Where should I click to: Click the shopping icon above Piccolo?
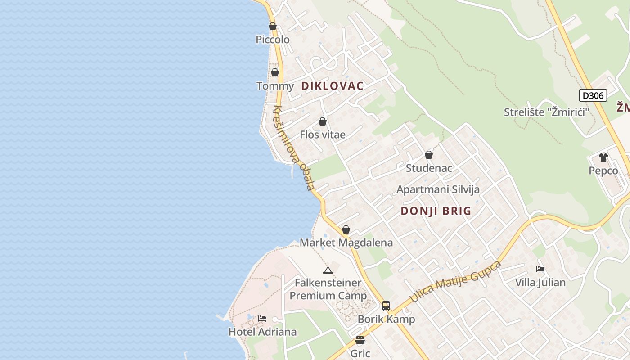273,26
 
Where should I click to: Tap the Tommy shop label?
275,85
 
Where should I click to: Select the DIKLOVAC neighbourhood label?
332,86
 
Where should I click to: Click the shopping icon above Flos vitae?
323,121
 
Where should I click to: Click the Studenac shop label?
429,168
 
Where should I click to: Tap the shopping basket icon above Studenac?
429,155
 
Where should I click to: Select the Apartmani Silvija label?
438,189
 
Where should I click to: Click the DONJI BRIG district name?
436,211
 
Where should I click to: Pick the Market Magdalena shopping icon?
346,229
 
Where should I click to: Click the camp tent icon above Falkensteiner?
328,270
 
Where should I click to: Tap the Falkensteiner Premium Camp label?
328,289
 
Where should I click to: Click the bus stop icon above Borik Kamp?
386,306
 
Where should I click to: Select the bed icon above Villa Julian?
540,269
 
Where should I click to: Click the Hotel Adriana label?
262,332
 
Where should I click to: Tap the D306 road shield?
593,95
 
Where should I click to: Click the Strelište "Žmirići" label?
546,112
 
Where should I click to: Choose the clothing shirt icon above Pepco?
603,157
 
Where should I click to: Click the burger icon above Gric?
360,340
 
